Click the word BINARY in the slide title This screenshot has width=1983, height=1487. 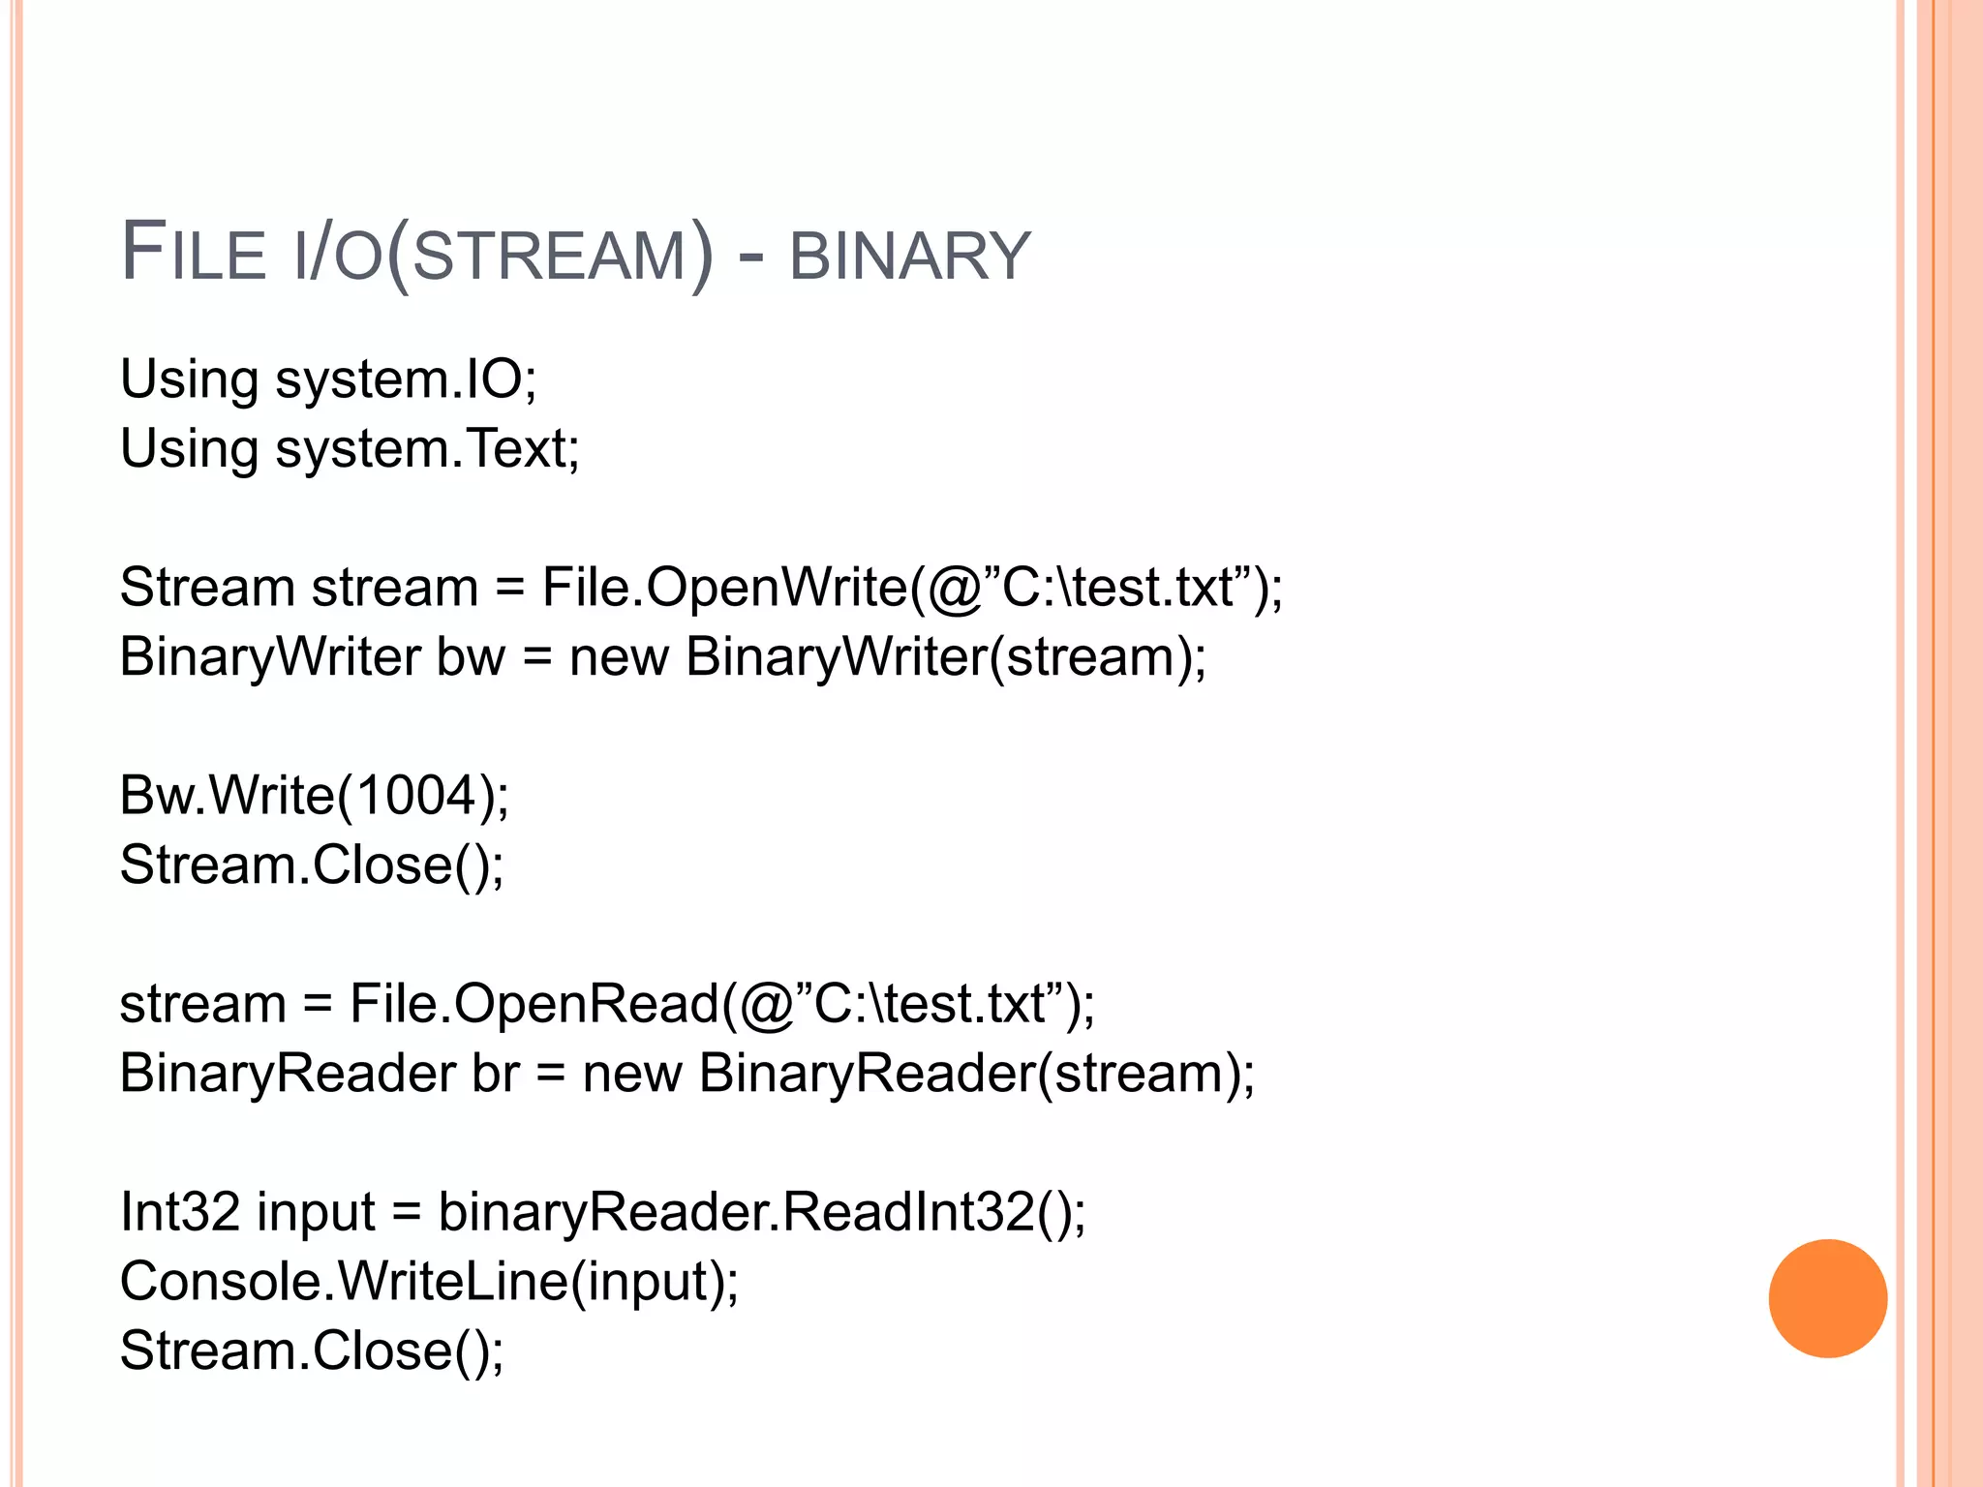909,257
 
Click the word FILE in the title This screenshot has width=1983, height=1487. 193,254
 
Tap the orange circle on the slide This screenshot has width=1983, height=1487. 1827,1298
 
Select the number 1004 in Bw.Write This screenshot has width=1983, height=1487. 416,796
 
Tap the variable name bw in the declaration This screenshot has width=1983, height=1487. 471,657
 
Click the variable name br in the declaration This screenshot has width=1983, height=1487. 495,1074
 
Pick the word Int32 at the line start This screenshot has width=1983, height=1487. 179,1212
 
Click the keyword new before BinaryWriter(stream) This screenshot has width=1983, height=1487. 619,657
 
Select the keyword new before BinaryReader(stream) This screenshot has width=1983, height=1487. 631,1074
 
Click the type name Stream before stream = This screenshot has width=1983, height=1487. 207,588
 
